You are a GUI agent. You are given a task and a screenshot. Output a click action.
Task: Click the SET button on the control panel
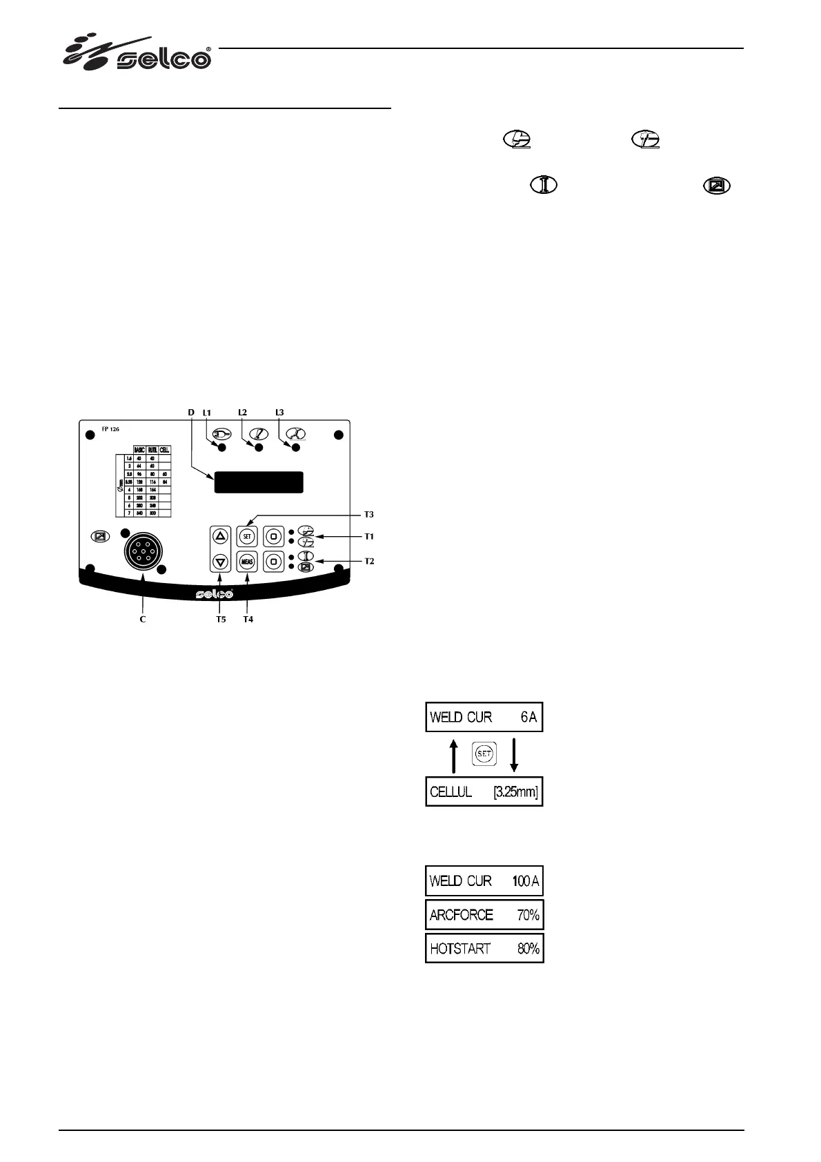click(x=247, y=535)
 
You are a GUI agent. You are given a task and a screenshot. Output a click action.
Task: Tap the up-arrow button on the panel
click(x=220, y=535)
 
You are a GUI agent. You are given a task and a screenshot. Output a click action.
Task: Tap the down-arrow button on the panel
click(x=220, y=561)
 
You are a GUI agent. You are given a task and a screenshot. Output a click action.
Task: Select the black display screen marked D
click(x=259, y=482)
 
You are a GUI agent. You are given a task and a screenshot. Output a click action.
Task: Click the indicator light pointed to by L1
click(x=222, y=448)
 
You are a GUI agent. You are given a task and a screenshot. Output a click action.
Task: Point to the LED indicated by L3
click(x=296, y=448)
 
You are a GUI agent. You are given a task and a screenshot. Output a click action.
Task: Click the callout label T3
click(x=369, y=514)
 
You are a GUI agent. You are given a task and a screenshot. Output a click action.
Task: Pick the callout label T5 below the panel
click(x=220, y=620)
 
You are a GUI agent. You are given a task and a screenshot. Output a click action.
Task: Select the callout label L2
click(x=242, y=412)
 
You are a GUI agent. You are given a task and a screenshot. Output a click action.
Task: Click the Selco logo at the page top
click(x=138, y=53)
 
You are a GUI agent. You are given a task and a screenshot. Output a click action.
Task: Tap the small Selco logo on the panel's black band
click(x=214, y=594)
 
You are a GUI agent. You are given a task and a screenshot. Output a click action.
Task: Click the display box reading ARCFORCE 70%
click(x=484, y=915)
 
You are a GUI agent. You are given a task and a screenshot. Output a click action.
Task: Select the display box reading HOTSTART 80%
click(x=484, y=949)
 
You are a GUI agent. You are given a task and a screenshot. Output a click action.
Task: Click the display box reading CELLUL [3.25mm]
click(x=484, y=791)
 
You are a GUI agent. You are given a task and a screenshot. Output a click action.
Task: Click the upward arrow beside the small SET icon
click(x=453, y=755)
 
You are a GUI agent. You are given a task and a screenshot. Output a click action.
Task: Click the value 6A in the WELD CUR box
click(x=528, y=717)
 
